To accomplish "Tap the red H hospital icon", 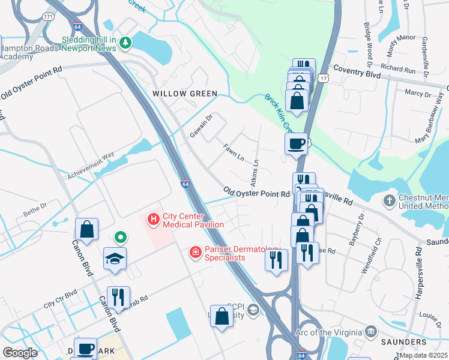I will pyautogui.click(x=154, y=220).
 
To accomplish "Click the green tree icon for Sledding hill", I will pyautogui.click(x=125, y=42).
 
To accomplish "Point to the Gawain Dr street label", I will pyautogui.click(x=201, y=125).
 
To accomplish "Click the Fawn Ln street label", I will pyautogui.click(x=234, y=152).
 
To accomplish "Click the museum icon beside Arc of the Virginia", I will pyautogui.click(x=371, y=332).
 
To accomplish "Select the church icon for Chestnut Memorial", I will pyautogui.click(x=390, y=200).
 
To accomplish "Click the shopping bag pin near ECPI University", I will pyautogui.click(x=221, y=316).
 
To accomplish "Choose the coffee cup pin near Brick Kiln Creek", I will pyautogui.click(x=296, y=143).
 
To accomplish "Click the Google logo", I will pyautogui.click(x=20, y=353).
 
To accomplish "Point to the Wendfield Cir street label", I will pyautogui.click(x=370, y=256).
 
